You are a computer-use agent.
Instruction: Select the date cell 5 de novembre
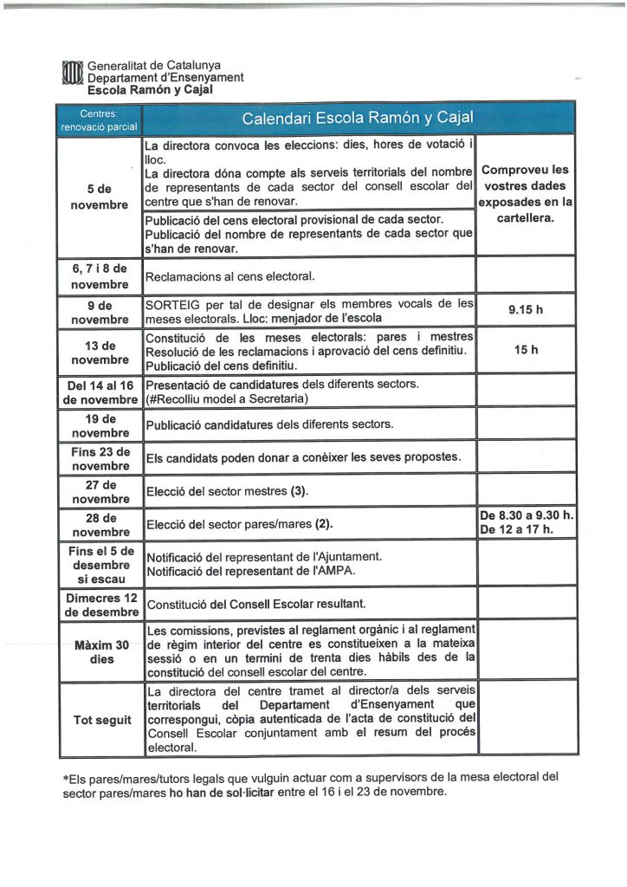[x=99, y=196]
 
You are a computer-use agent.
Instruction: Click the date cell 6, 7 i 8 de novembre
[x=99, y=276]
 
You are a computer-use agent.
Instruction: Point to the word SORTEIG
[x=171, y=303]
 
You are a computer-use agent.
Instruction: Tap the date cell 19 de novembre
[x=99, y=424]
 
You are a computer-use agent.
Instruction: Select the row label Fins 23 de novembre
[x=99, y=458]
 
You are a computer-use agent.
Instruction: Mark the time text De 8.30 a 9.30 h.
[x=527, y=516]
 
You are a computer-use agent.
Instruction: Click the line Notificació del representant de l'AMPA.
[x=252, y=572]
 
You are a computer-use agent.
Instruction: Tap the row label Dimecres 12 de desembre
[x=99, y=605]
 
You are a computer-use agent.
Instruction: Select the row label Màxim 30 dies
[x=99, y=651]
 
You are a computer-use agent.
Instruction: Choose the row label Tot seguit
[x=99, y=720]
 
